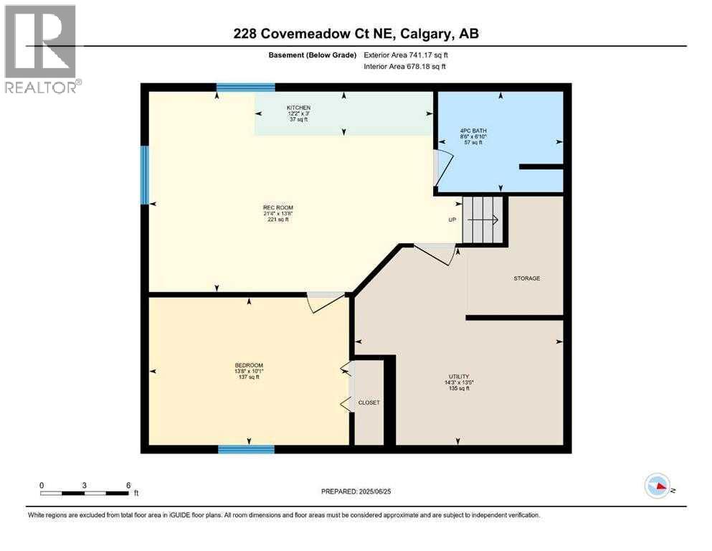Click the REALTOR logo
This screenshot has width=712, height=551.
(41, 49)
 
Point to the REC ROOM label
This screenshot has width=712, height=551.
(276, 209)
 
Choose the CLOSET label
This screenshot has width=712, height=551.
(369, 402)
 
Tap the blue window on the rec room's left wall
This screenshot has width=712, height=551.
(144, 175)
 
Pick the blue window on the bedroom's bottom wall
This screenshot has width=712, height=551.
(246, 449)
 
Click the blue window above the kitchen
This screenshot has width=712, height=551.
(245, 88)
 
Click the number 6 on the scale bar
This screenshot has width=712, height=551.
(128, 485)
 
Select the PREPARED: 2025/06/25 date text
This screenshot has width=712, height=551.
(356, 491)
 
